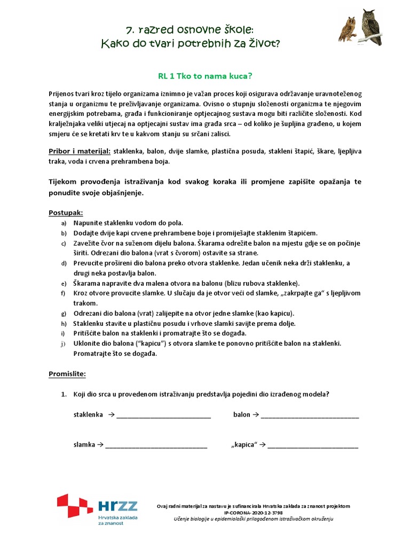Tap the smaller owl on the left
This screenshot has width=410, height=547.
347,29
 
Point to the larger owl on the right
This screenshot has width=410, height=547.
370,26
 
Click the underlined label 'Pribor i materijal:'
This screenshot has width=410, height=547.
80,152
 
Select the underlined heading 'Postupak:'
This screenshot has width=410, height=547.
65,212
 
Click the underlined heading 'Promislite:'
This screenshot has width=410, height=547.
67,373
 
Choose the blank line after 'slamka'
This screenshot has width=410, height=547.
156,445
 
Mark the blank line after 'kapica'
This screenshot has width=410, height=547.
313,445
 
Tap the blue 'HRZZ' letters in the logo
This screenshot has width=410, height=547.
117,506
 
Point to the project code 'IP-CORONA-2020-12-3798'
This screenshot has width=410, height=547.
253,512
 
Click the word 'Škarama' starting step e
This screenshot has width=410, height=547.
87,283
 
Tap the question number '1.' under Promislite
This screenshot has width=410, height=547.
64,395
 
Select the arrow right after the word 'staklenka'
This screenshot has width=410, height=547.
111,415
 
